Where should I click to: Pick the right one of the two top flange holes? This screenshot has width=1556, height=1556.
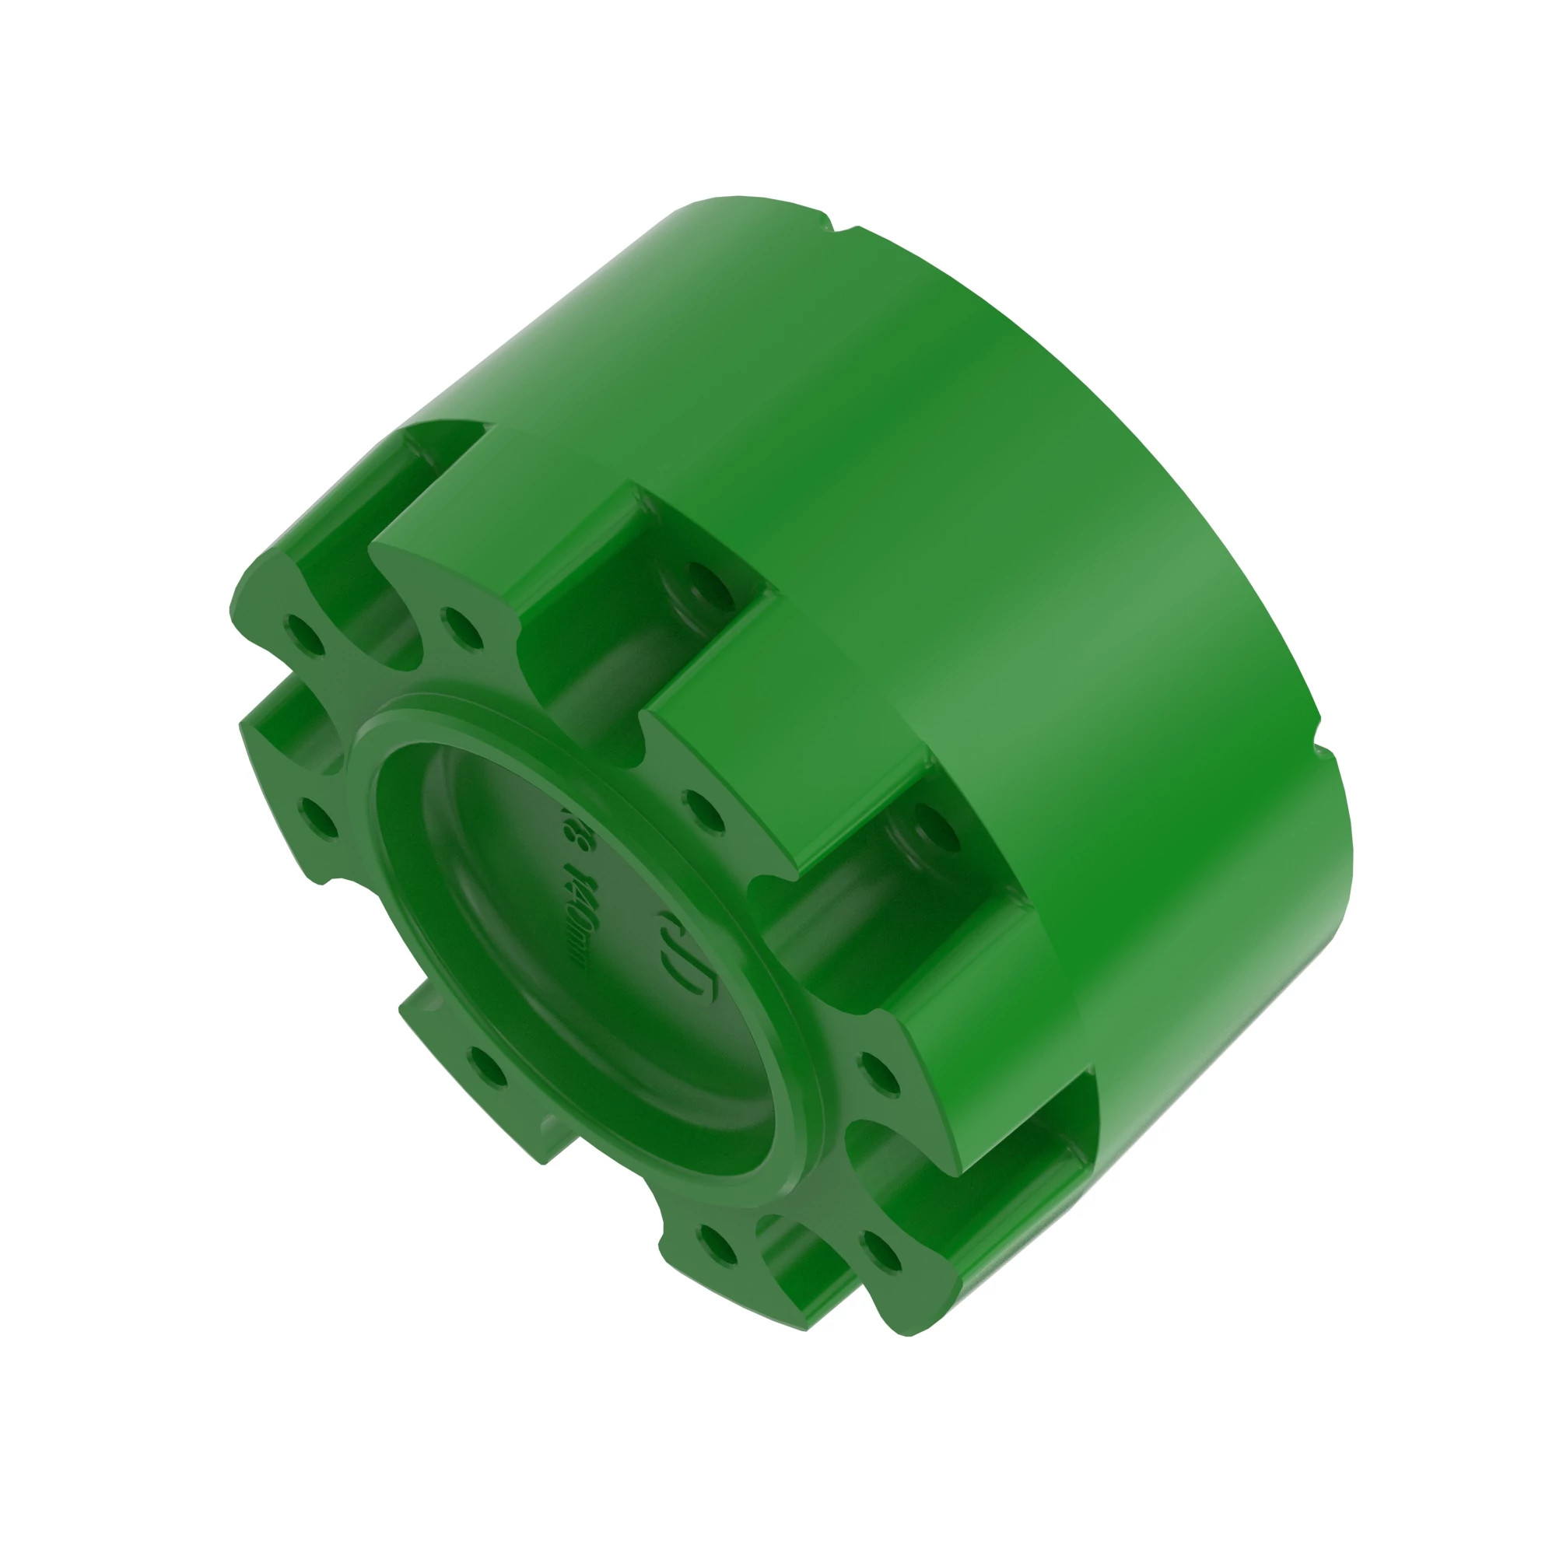[461, 627]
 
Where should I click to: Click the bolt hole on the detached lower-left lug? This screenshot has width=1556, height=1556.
[488, 1069]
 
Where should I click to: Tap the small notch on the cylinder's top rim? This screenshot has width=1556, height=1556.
[840, 221]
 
